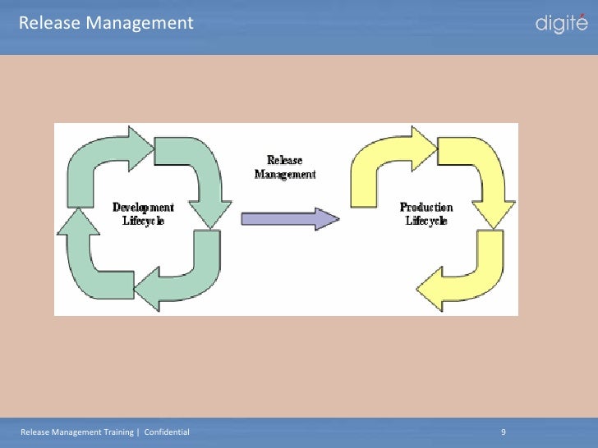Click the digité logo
(x=561, y=24)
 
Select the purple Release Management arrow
(x=289, y=218)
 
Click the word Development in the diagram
(x=143, y=208)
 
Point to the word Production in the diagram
(x=425, y=208)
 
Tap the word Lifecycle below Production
(x=425, y=222)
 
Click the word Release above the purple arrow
(x=284, y=161)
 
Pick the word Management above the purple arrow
(x=284, y=174)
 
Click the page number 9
(x=503, y=432)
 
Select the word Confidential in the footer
(x=167, y=432)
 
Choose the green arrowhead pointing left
(x=148, y=290)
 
